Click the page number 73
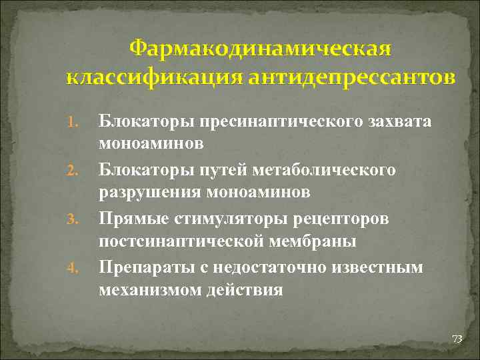tap(457, 339)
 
